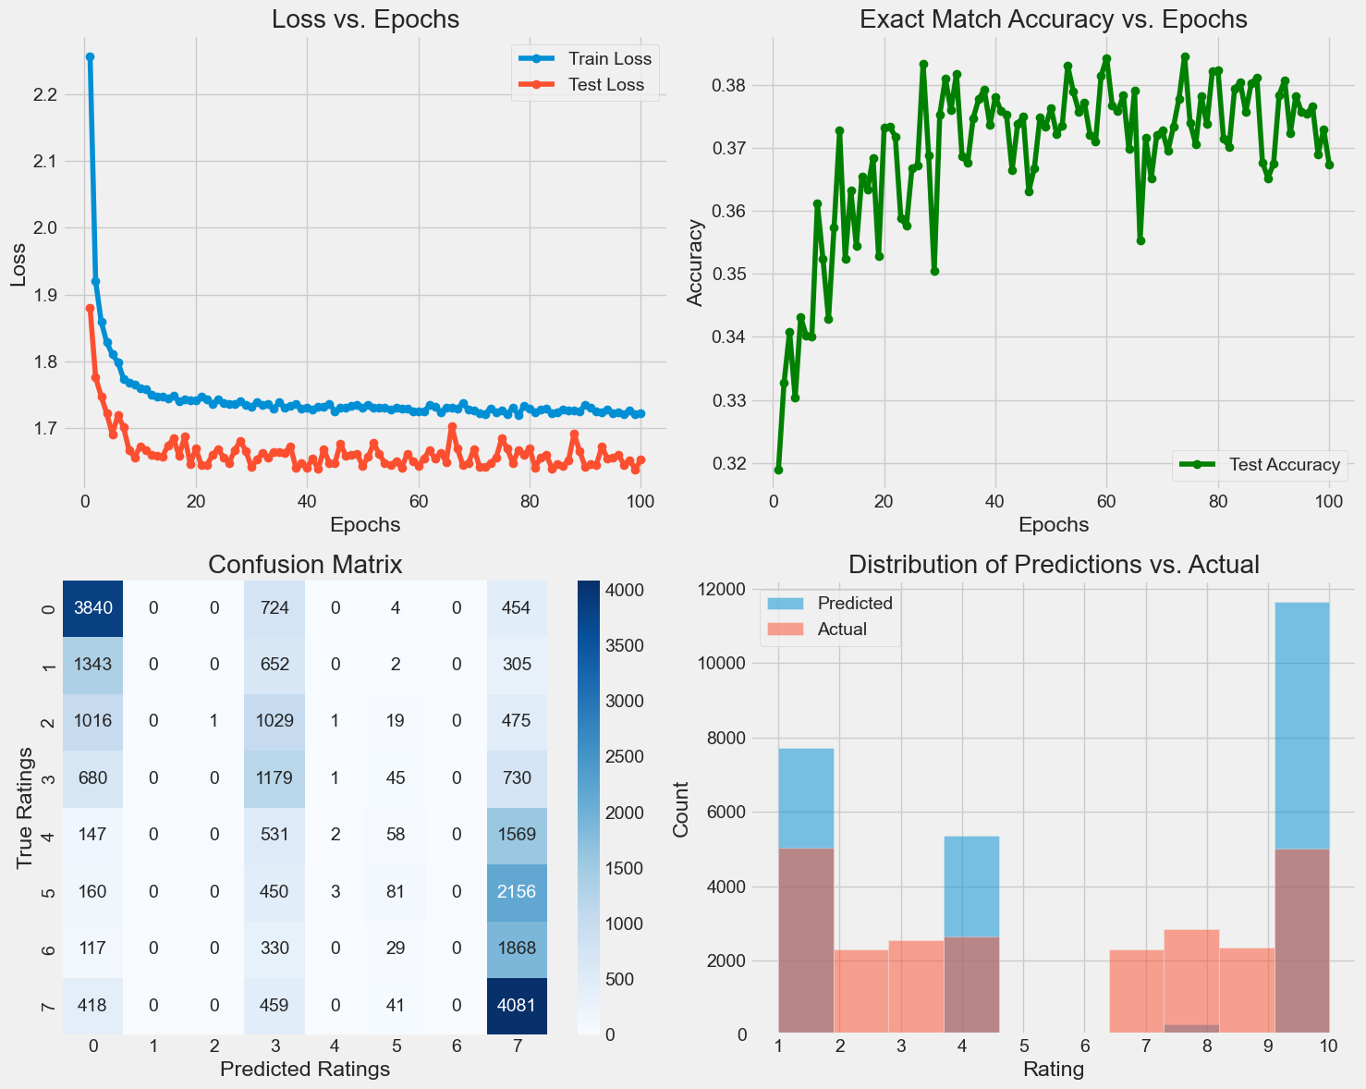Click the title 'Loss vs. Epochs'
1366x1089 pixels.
point(365,19)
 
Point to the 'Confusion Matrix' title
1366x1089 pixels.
point(305,565)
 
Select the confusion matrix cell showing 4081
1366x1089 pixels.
point(517,1006)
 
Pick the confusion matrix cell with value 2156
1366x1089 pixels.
point(517,892)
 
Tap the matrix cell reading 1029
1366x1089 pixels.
point(274,721)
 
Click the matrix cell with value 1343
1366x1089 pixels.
point(93,665)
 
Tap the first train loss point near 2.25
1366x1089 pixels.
point(90,57)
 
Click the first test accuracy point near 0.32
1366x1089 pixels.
point(778,470)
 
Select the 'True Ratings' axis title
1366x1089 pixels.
point(25,807)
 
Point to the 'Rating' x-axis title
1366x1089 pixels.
point(1054,1071)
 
